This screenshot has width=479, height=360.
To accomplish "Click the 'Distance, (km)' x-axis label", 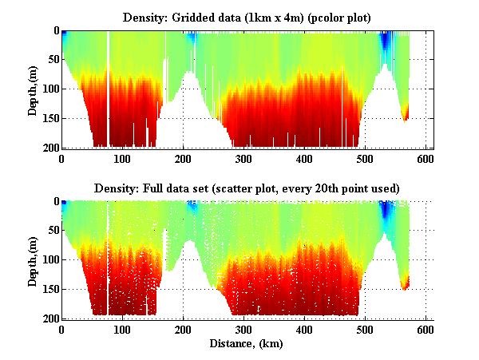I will tap(246, 344).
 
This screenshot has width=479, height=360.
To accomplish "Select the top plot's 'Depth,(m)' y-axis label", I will tap(33, 89).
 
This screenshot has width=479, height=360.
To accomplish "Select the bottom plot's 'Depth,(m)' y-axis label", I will tap(33, 260).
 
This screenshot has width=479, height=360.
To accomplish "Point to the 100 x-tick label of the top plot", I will tap(122, 159).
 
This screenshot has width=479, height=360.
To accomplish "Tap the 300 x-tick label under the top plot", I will tap(243, 159).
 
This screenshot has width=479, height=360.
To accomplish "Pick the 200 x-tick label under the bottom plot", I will tap(183, 330).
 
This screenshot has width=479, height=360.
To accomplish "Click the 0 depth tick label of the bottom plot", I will tap(55, 202).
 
